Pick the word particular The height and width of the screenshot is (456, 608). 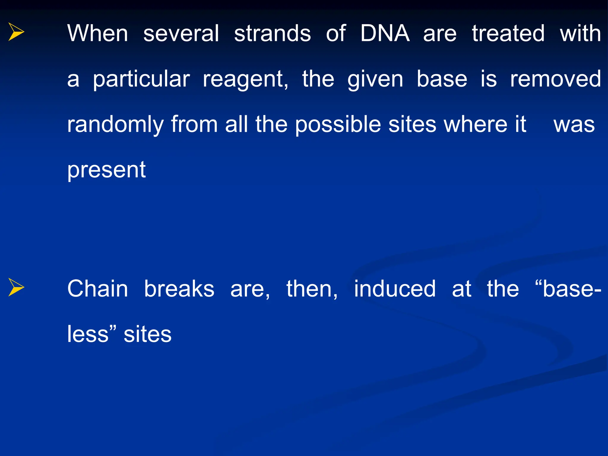coord(141,79)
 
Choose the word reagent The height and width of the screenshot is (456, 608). coord(245,79)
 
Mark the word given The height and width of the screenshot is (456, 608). coord(375,79)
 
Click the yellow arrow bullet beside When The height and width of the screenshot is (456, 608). coord(16,31)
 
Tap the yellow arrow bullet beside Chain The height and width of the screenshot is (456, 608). coord(16,287)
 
